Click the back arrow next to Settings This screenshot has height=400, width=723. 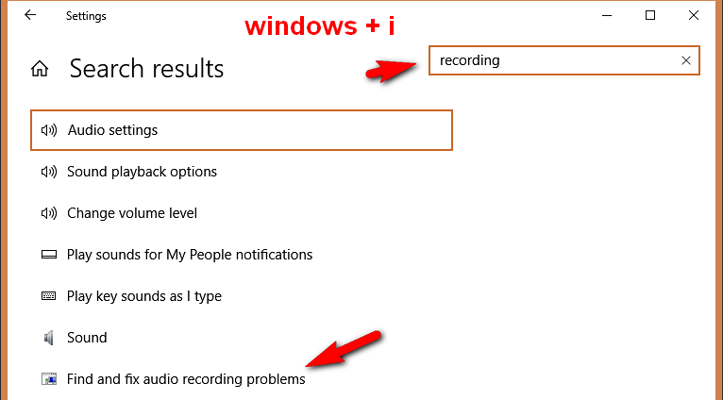pyautogui.click(x=30, y=15)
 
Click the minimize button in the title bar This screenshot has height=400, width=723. pyautogui.click(x=607, y=16)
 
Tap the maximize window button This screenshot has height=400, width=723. pyautogui.click(x=650, y=15)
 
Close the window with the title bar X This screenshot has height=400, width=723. pyautogui.click(x=694, y=15)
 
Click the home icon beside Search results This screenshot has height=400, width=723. pyautogui.click(x=40, y=69)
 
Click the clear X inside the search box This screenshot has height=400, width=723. pyautogui.click(x=686, y=60)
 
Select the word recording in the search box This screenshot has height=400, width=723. pyautogui.click(x=469, y=60)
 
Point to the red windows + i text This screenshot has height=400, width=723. pyautogui.click(x=320, y=25)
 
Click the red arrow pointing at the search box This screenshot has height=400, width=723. pyautogui.click(x=391, y=71)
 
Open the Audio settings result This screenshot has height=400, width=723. pyautogui.click(x=112, y=130)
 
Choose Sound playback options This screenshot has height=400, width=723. pyautogui.click(x=142, y=172)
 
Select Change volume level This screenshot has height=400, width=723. pyautogui.click(x=132, y=213)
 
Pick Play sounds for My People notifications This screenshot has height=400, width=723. pyautogui.click(x=190, y=255)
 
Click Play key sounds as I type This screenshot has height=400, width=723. pyautogui.click(x=144, y=296)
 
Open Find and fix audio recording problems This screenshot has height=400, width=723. pyautogui.click(x=186, y=379)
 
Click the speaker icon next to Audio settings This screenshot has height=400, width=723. pyautogui.click(x=49, y=130)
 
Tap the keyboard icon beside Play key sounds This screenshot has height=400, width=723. pyautogui.click(x=48, y=296)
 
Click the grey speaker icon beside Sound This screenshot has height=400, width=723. pyautogui.click(x=48, y=338)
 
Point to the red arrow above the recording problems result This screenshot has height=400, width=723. pyautogui.click(x=344, y=349)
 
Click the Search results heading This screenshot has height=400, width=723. pyautogui.click(x=146, y=69)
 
